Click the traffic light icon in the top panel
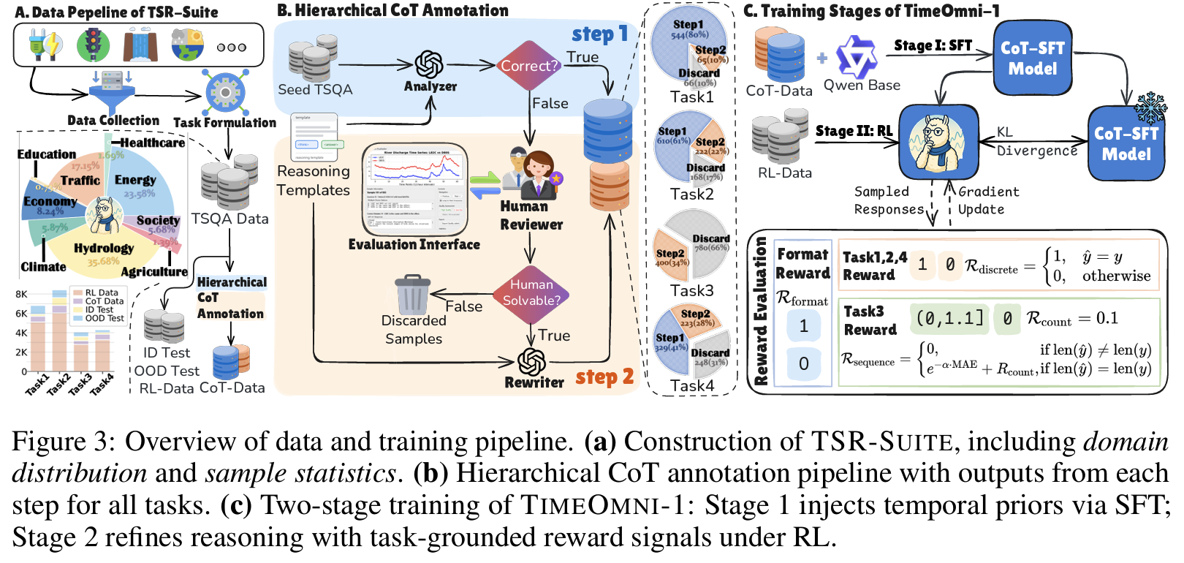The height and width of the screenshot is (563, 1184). (x=93, y=45)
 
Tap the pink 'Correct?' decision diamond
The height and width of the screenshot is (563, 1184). (x=529, y=66)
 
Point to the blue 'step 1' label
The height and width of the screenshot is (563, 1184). (x=599, y=34)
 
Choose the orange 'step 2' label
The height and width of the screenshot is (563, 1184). (x=604, y=377)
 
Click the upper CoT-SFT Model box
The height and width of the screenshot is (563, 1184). (x=1032, y=58)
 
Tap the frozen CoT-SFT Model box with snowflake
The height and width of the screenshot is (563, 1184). (x=1126, y=144)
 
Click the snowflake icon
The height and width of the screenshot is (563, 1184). (x=1150, y=107)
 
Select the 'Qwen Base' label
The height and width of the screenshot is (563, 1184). (x=862, y=85)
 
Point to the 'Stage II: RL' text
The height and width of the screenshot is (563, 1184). (x=854, y=131)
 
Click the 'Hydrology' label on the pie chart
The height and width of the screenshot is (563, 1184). (x=104, y=248)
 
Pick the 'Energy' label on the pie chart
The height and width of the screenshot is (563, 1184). (x=135, y=180)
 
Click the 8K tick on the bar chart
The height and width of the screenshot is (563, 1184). (x=21, y=294)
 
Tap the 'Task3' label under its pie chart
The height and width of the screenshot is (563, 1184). (x=691, y=290)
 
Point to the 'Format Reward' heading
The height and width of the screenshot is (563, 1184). (x=802, y=263)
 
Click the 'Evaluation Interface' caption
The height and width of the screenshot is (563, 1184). (x=414, y=244)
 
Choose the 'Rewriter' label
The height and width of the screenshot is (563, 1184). (x=534, y=382)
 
